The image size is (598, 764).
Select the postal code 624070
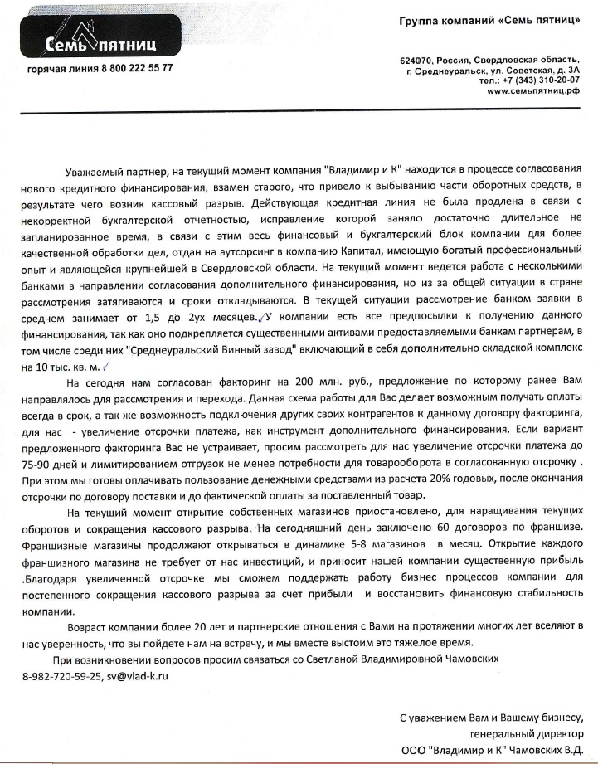point(416,61)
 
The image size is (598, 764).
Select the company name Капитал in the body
point(365,253)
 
